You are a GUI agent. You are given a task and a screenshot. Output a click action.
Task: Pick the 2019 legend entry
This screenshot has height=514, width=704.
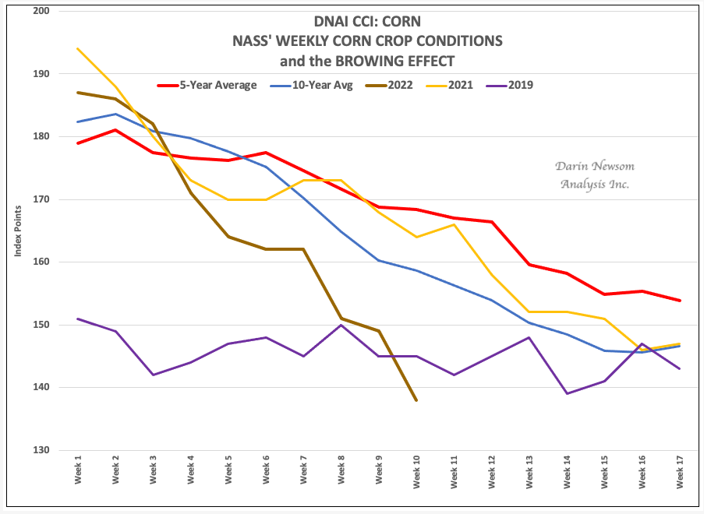point(520,85)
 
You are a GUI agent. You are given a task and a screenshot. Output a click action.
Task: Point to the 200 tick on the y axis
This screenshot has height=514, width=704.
point(40,11)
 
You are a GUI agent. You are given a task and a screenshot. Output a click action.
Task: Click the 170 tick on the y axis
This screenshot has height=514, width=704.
point(40,199)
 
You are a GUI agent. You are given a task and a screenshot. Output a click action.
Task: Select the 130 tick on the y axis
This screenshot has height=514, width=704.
point(40,450)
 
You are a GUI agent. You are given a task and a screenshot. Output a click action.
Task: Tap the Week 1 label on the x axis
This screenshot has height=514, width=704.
point(79,471)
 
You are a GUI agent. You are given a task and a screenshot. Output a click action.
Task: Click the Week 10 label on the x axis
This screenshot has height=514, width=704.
point(417,470)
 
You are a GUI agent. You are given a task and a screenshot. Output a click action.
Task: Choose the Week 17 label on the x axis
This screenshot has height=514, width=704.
point(681,470)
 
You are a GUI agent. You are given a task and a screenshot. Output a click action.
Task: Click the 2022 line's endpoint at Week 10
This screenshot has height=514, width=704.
point(416,400)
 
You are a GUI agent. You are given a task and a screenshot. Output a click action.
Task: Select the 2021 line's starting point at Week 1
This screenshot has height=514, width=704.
point(78,48)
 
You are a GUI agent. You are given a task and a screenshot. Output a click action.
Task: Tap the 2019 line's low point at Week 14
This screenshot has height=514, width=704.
point(567,393)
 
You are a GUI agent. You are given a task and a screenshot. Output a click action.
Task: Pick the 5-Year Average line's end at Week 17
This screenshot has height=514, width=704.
point(680,301)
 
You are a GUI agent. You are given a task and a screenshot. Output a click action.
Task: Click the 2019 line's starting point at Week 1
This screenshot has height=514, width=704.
point(78,319)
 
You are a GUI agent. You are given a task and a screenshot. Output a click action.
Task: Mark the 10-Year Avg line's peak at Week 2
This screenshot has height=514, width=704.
point(115,114)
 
